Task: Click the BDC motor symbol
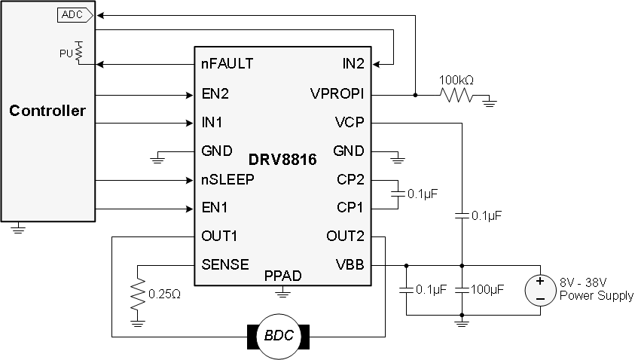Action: coord(279,336)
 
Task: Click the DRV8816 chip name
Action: coord(282,160)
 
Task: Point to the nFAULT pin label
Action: coord(227,63)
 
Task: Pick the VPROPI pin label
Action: coord(337,95)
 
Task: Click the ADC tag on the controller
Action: coord(74,14)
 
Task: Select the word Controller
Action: coord(47,111)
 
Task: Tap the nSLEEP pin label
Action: coord(228,179)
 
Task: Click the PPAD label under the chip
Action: coord(282,276)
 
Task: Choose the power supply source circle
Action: coord(539,290)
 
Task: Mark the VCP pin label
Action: coord(350,123)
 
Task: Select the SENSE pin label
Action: coord(225,264)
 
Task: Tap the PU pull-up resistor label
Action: coord(66,53)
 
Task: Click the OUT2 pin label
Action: coord(345,236)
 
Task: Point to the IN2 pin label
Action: coord(353,63)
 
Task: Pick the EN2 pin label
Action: coord(215,95)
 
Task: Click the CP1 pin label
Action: coord(350,207)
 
